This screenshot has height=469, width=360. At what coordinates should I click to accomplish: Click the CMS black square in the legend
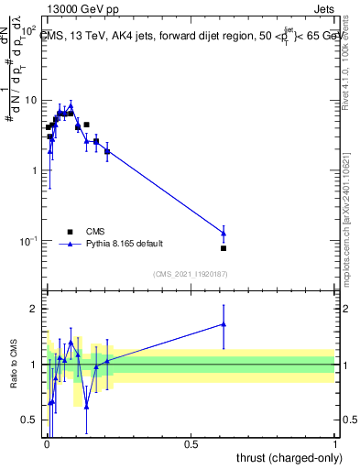pyautogui.click(x=71, y=232)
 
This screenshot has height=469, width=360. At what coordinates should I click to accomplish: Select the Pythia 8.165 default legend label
pyautogui.click(x=126, y=244)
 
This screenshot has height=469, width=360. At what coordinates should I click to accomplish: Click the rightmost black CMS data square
pyautogui.click(x=224, y=248)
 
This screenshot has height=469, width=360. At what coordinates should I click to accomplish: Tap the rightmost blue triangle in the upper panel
pyautogui.click(x=224, y=234)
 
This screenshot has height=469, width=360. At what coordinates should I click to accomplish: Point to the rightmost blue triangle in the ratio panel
pyautogui.click(x=224, y=324)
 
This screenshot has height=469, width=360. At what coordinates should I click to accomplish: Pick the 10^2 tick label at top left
pyautogui.click(x=27, y=30)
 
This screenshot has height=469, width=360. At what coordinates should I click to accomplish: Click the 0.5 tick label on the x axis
pyautogui.click(x=191, y=444)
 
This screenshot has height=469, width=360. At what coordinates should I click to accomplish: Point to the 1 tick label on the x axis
pyautogui.click(x=335, y=444)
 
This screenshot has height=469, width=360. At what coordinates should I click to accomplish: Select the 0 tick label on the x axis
pyautogui.click(x=47, y=444)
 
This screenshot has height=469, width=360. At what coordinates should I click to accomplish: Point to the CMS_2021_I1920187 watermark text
pyautogui.click(x=190, y=273)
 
